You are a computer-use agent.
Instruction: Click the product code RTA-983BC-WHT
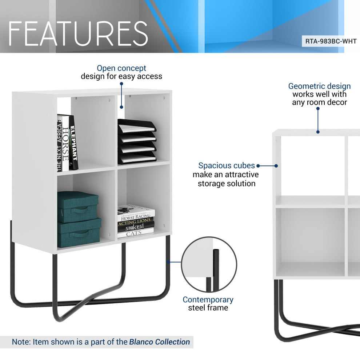click(x=330, y=41)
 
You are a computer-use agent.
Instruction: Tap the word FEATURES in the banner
click(x=78, y=33)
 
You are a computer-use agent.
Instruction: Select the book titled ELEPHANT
click(x=73, y=143)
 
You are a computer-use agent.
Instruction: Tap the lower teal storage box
click(x=79, y=232)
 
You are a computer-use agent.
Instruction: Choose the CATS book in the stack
click(x=135, y=234)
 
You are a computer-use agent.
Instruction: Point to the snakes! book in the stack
click(x=135, y=228)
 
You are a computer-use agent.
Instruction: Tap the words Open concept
click(x=121, y=68)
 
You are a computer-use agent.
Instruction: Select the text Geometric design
click(x=319, y=86)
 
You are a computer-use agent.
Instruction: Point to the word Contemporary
click(x=208, y=300)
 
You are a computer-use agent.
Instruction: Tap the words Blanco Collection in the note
click(x=159, y=342)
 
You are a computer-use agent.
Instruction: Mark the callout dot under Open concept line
click(x=121, y=107)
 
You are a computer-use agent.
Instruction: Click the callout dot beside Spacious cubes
click(x=276, y=166)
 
